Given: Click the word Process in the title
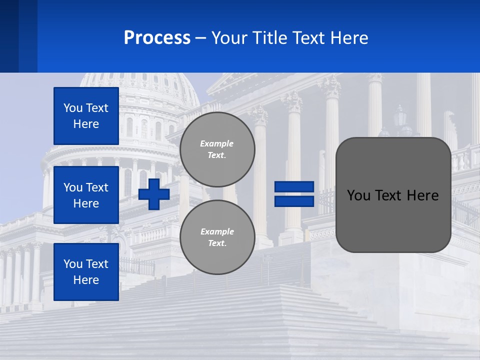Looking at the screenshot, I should (x=157, y=38).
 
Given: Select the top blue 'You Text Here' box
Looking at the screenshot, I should (x=86, y=116).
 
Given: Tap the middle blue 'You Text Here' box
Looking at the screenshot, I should (x=86, y=195).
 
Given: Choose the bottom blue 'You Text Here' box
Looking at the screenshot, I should (x=86, y=272).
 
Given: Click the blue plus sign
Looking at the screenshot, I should (x=154, y=194).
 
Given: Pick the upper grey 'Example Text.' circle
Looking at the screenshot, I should (x=217, y=149).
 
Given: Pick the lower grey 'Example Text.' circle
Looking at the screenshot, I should (x=217, y=237).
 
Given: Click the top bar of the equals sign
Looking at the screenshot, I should (x=294, y=187).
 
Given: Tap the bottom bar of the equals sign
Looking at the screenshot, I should (x=294, y=201).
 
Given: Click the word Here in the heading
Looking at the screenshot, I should (x=349, y=38).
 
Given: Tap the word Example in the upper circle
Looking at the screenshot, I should (x=217, y=143).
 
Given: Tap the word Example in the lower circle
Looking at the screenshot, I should (x=217, y=231).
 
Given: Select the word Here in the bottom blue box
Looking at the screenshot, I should (x=86, y=280).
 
